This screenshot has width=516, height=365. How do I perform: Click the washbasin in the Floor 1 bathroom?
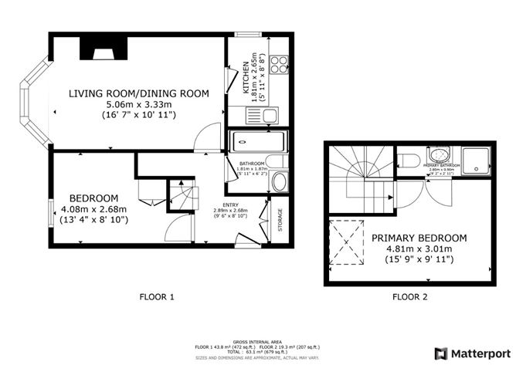[280, 183]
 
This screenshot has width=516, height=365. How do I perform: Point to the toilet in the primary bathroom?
[410, 161]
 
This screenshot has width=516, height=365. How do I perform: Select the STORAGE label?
[280, 221]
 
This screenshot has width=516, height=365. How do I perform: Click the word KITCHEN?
[246, 77]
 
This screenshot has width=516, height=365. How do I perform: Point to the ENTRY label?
[232, 204]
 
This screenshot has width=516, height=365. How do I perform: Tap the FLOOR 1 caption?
[157, 296]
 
